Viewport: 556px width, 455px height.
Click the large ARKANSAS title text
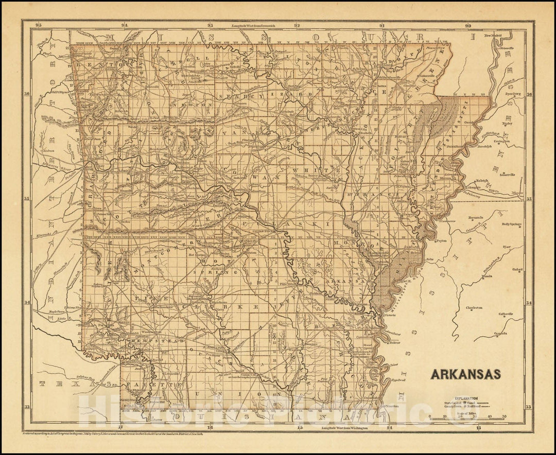click(465, 374)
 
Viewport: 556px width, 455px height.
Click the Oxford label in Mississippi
click(517, 269)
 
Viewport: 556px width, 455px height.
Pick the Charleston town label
click(474, 308)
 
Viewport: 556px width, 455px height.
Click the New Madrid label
click(494, 36)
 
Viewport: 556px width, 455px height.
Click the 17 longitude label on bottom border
click(120, 427)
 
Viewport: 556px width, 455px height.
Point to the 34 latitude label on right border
click(528, 303)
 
